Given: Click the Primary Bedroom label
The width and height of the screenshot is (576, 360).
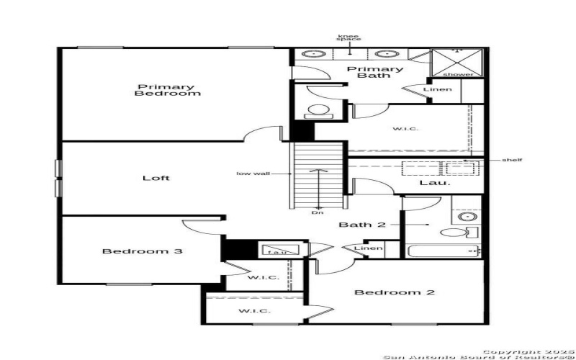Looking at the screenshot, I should (167, 89).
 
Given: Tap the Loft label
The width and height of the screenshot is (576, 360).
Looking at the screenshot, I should (156, 178).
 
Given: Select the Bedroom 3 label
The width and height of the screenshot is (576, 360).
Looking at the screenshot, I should (141, 251).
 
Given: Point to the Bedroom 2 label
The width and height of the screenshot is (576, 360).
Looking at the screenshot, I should (395, 292).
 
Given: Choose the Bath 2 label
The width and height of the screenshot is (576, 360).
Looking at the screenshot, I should (363, 225).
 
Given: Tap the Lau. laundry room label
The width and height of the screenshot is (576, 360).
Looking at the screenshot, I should (435, 183).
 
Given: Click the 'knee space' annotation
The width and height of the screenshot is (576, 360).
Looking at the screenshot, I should (349, 37).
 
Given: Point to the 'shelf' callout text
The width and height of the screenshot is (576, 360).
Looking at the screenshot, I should (513, 160).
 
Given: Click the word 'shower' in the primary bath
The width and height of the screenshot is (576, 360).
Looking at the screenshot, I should (458, 74).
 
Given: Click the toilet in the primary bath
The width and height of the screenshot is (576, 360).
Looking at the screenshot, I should (317, 112).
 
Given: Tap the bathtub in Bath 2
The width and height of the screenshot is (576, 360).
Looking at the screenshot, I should (441, 251).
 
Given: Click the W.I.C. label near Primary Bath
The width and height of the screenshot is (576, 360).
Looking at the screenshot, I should (406, 129).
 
